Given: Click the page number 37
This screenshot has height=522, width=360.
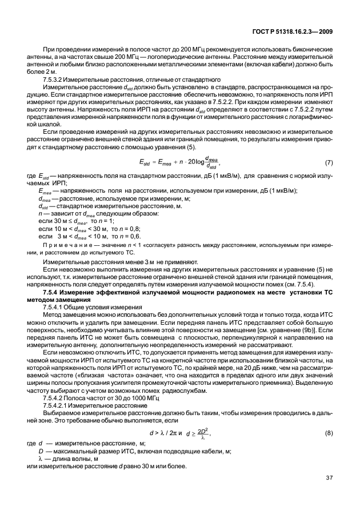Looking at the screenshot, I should [x=329, y=493].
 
